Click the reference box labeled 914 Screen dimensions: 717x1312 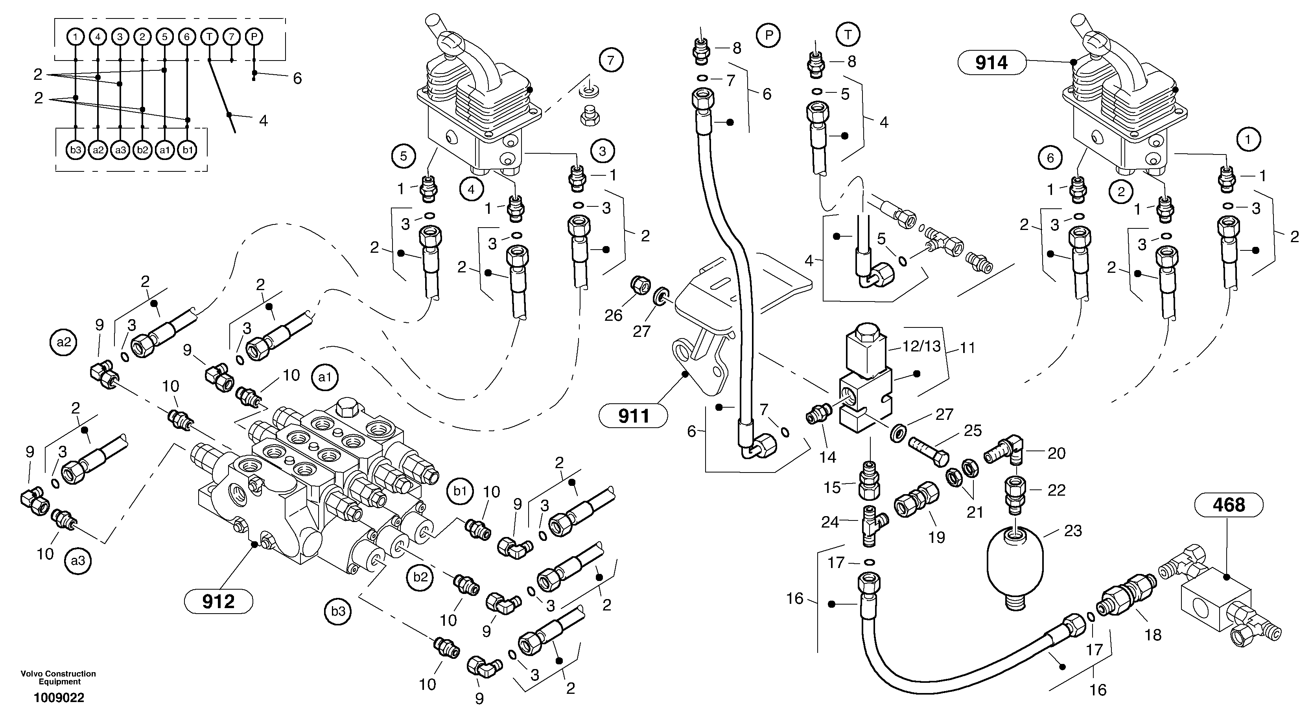tap(991, 63)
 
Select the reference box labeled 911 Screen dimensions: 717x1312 tap(633, 416)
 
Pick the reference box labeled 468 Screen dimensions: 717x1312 tap(1229, 505)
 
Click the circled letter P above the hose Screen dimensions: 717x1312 tap(769, 35)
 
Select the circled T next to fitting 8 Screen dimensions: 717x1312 tap(848, 35)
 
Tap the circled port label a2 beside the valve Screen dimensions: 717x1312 tap(64, 342)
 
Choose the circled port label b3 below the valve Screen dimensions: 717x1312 tap(338, 612)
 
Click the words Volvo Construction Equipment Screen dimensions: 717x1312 tap(59, 677)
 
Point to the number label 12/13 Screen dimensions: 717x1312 tap(921, 346)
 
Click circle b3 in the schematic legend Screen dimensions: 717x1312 tap(76, 150)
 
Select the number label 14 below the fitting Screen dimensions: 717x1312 tap(827, 457)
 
